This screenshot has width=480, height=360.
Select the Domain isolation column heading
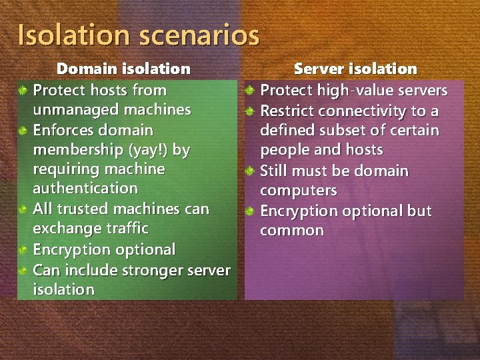click(123, 69)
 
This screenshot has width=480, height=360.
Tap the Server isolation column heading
click(355, 69)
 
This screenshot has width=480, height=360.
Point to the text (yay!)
click(154, 149)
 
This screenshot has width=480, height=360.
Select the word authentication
click(85, 189)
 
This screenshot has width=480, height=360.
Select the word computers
click(298, 191)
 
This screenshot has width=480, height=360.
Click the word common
click(292, 231)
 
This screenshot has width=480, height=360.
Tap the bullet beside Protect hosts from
click(23, 91)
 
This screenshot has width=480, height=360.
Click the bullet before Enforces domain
click(23, 131)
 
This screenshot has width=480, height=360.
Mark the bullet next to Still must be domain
click(249, 171)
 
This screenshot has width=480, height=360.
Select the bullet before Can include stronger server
click(23, 271)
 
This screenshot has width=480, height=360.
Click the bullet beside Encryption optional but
click(249, 211)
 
